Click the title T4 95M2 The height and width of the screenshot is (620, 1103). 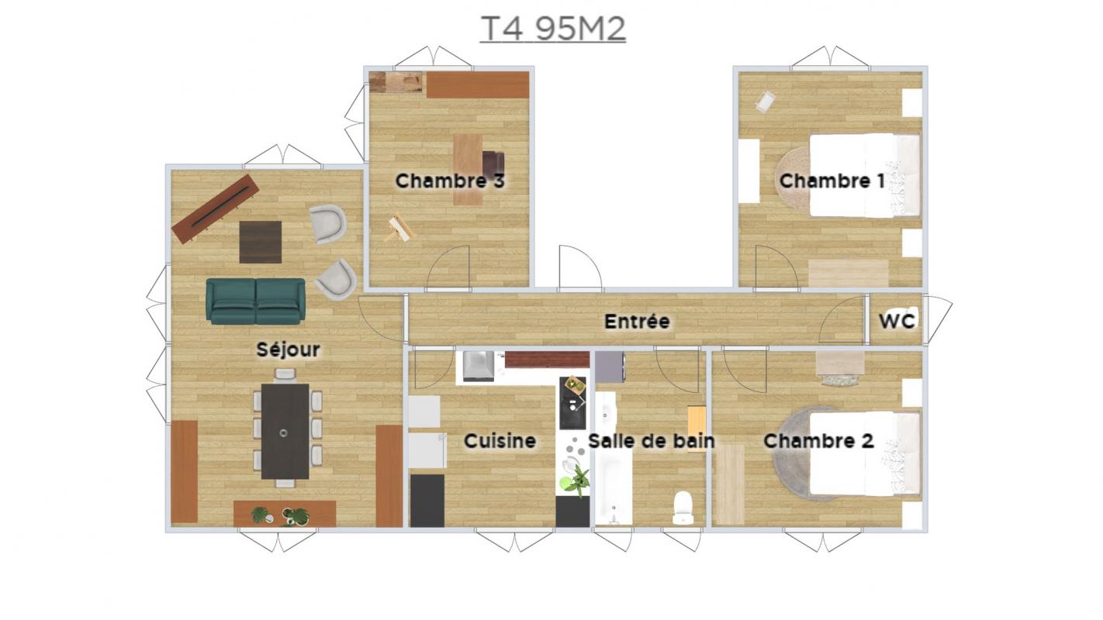[x=552, y=29]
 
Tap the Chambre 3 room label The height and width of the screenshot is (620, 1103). [x=450, y=181]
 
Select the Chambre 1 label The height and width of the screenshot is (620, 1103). [x=832, y=181]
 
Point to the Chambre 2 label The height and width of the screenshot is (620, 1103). [x=818, y=441]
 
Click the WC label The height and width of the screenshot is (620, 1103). [x=897, y=322]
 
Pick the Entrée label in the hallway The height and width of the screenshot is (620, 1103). [x=637, y=322]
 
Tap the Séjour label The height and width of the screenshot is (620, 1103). [x=288, y=350]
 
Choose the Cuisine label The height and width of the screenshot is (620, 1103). [x=500, y=441]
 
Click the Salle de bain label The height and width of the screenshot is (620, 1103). [x=652, y=441]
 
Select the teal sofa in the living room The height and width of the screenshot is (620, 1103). [x=255, y=301]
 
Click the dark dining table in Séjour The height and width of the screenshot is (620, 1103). [x=285, y=432]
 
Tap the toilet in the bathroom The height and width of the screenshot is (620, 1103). [x=683, y=508]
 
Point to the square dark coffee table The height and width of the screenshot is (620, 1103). [x=261, y=242]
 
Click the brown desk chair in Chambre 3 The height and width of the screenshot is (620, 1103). [x=493, y=164]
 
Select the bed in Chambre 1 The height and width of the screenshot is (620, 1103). [x=865, y=175]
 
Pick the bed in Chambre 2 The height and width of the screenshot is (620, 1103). [x=865, y=453]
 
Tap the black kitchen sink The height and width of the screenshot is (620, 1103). [x=572, y=404]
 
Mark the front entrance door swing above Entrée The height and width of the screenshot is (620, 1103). [x=580, y=266]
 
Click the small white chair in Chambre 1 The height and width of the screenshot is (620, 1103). [x=766, y=102]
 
